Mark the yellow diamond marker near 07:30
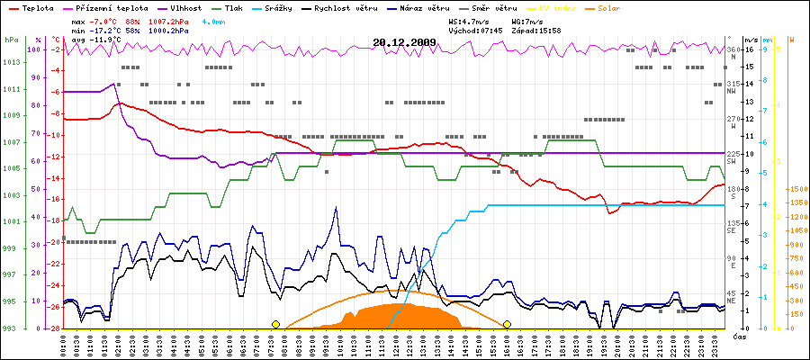[x=276, y=324]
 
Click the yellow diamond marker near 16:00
[x=508, y=324]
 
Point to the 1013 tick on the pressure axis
[x=11, y=63]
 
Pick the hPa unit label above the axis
[x=11, y=40]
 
